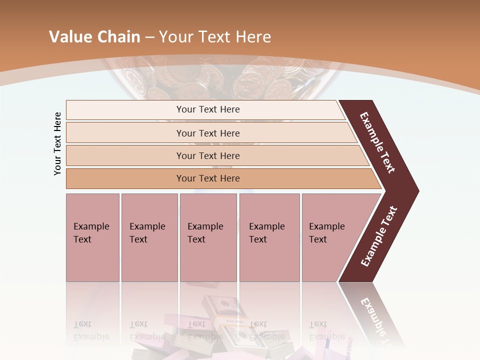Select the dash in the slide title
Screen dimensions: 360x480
(149, 37)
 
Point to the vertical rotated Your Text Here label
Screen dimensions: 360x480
(57, 144)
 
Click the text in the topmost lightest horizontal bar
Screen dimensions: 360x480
(208, 109)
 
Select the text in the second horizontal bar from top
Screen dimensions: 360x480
(208, 133)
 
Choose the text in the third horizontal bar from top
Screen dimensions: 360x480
(208, 156)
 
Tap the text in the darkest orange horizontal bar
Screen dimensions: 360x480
(208, 178)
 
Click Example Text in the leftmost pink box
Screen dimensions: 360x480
(91, 233)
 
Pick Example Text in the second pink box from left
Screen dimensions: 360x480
(147, 233)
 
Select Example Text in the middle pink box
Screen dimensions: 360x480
(205, 233)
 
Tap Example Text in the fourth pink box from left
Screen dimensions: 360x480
(266, 233)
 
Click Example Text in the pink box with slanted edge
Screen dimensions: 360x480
(326, 233)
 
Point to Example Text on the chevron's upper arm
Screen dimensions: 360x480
(377, 143)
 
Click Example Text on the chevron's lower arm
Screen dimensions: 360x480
(379, 236)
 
